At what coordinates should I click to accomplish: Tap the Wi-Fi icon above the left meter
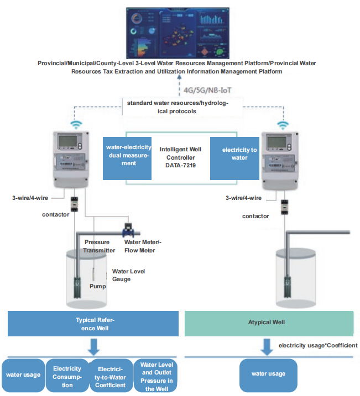[76, 124]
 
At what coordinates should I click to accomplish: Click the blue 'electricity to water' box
[235, 154]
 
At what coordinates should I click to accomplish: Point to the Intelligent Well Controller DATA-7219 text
[180, 157]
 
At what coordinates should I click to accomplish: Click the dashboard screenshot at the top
[178, 34]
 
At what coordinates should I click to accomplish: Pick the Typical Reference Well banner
[93, 324]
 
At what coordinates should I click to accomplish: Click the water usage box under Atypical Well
[268, 374]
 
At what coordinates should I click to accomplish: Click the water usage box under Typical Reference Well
[23, 375]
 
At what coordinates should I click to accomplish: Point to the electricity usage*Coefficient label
[317, 345]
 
